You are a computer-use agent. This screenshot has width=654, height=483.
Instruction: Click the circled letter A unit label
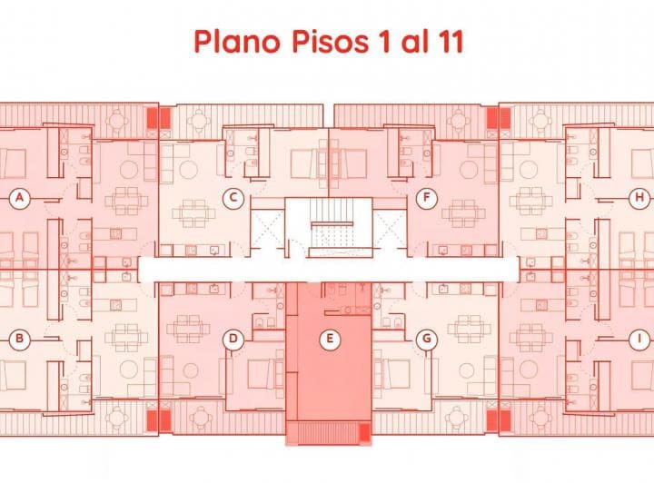coord(19,198)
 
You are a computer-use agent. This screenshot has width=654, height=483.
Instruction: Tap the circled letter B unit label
coord(19,339)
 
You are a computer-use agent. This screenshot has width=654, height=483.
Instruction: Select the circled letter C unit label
coord(233,198)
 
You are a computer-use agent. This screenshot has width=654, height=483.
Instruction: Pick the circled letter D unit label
coord(233,339)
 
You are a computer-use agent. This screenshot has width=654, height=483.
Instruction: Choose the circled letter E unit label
coord(330,339)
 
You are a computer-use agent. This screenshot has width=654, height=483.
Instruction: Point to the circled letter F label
coord(427,198)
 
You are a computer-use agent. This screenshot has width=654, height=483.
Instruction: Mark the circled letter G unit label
coord(427,339)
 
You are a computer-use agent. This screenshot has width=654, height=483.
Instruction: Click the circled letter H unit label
coord(639,198)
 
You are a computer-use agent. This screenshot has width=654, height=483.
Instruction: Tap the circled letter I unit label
coord(639,339)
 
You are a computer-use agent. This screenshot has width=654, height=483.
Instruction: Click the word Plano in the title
coord(237,43)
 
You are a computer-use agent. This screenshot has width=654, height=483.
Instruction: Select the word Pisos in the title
coord(330,42)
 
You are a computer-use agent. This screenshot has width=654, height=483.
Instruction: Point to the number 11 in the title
coord(450,42)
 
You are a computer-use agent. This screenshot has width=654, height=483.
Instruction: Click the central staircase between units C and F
coord(329,227)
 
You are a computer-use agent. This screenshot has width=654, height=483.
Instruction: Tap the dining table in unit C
coord(193,213)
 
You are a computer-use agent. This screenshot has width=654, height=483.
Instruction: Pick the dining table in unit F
coord(464,213)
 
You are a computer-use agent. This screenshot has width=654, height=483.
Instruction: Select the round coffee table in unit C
coord(188,170)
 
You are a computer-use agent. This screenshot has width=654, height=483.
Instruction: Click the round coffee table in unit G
coord(466,370)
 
